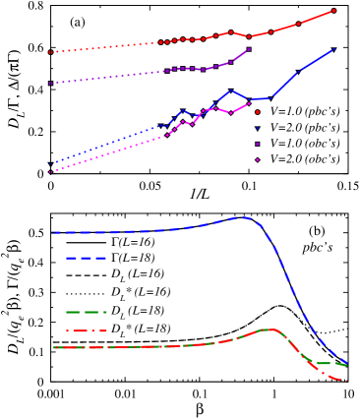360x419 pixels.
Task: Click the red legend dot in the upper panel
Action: [x=258, y=112]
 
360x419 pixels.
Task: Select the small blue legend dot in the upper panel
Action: [x=258, y=128]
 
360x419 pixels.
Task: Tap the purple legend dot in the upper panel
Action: [x=258, y=144]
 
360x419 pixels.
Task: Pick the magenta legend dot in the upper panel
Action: [x=258, y=159]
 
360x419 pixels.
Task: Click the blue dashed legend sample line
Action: [x=86, y=258]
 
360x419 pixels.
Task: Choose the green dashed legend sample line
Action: [x=86, y=312]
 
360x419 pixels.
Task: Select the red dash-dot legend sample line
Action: [x=86, y=330]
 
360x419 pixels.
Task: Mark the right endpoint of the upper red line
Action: [x=333, y=11]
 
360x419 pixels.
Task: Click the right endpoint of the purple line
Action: [x=249, y=48]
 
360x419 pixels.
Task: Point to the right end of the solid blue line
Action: [x=333, y=49]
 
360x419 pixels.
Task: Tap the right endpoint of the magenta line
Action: [x=249, y=102]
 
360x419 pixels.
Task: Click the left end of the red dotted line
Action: [x=50, y=52]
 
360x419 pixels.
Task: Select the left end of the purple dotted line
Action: [x=50, y=84]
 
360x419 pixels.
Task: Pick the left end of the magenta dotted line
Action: [x=50, y=172]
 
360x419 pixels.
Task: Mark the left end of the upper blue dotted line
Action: [x=50, y=163]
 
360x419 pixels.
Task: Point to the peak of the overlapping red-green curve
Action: [x=268, y=329]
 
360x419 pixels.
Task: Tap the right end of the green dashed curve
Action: [x=346, y=365]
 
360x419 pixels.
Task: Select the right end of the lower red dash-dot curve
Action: [x=347, y=381]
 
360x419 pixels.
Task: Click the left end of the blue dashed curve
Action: [x=52, y=232]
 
